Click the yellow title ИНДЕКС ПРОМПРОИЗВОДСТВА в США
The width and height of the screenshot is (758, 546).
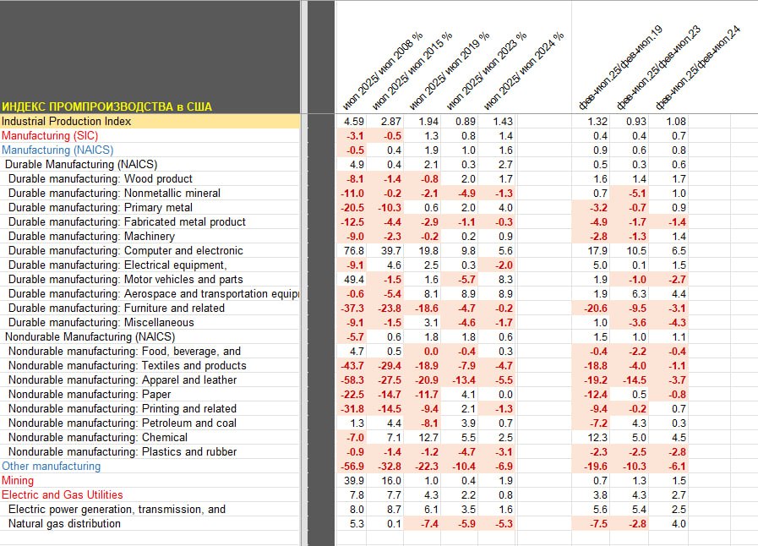click(x=106, y=106)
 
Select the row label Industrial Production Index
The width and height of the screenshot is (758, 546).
click(x=66, y=121)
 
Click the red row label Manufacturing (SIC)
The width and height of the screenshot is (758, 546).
click(x=50, y=135)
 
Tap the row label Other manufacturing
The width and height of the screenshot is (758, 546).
click(x=51, y=466)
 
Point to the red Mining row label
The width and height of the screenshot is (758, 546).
click(x=18, y=480)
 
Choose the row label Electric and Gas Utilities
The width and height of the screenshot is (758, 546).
click(x=62, y=494)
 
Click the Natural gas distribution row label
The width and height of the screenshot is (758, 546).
click(x=64, y=523)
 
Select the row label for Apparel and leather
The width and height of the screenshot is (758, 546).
click(x=123, y=379)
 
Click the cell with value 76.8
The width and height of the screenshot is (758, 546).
click(x=353, y=250)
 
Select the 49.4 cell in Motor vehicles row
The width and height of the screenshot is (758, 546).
click(x=353, y=279)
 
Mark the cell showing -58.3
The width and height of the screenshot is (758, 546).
click(x=352, y=379)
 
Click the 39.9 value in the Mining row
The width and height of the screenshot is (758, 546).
click(x=353, y=480)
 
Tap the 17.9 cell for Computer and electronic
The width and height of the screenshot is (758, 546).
click(x=597, y=250)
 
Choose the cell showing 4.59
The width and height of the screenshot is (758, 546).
click(x=353, y=121)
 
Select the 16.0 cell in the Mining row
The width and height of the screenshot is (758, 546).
click(x=391, y=480)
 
